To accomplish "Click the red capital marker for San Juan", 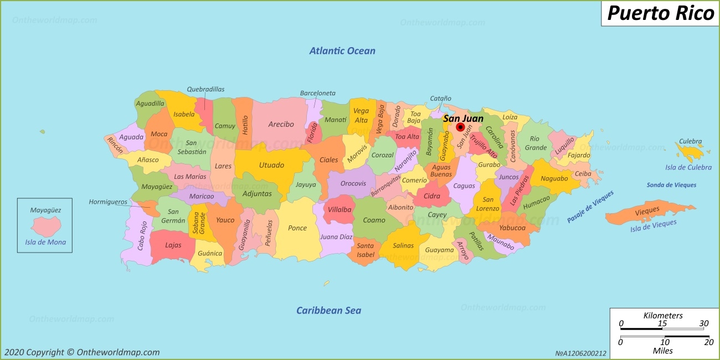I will [460, 127].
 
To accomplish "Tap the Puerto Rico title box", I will [660, 13].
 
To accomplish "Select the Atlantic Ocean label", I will [342, 51].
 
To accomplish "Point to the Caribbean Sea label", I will [328, 310].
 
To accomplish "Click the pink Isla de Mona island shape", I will [45, 227].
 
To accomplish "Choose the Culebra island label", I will [690, 142].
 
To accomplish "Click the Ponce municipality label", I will [297, 228].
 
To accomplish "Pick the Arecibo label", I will [281, 125].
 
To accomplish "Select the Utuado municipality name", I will [271, 165].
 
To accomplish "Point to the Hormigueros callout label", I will [108, 202].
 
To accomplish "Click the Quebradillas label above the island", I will [205, 89].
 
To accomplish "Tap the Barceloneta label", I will [318, 93].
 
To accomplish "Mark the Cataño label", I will [441, 99].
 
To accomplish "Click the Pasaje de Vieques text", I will [590, 207].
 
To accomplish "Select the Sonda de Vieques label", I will [671, 185].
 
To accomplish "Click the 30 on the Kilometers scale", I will [703, 324].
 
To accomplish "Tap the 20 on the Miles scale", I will [708, 343].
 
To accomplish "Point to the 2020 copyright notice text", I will [82, 352].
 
